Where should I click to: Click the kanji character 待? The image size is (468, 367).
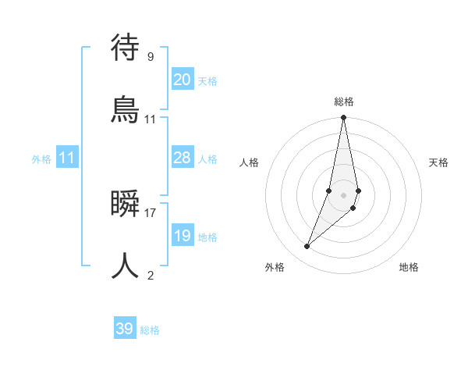pyautogui.click(x=125, y=48)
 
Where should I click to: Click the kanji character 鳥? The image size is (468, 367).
pyautogui.click(x=125, y=110)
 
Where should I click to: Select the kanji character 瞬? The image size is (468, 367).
pyautogui.click(x=125, y=204)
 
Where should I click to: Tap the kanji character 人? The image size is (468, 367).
pyautogui.click(x=125, y=265)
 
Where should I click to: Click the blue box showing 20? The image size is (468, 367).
pyautogui.click(x=183, y=79)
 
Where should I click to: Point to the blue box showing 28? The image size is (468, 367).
pyautogui.click(x=183, y=157)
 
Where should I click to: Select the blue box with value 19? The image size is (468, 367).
pyautogui.click(x=183, y=235)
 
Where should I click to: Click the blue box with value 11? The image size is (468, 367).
pyautogui.click(x=67, y=158)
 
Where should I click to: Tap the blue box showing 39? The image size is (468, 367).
pyautogui.click(x=125, y=329)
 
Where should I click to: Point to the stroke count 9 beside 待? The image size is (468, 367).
pyautogui.click(x=151, y=56)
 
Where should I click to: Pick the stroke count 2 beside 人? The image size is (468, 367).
pyautogui.click(x=151, y=275)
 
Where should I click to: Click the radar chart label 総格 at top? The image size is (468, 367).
pyautogui.click(x=343, y=102)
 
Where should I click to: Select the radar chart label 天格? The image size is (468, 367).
pyautogui.click(x=439, y=162)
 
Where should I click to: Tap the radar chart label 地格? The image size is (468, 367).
pyautogui.click(x=409, y=267)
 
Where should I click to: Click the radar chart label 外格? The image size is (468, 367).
pyautogui.click(x=275, y=267)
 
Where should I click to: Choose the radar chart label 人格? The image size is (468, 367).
pyautogui.click(x=249, y=162)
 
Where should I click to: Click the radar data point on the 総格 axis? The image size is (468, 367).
pyautogui.click(x=343, y=118)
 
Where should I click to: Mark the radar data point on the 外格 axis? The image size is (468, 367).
pyautogui.click(x=307, y=247)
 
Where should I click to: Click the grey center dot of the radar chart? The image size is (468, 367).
pyautogui.click(x=343, y=194)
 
